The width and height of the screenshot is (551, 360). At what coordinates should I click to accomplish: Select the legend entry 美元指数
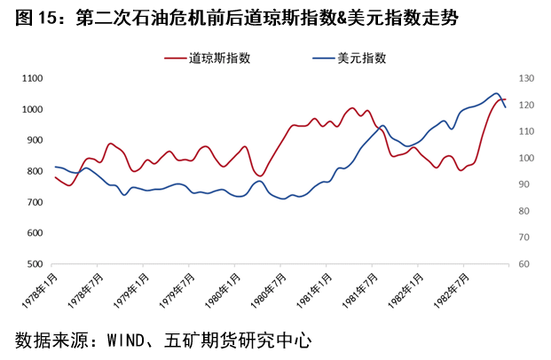(x=362, y=58)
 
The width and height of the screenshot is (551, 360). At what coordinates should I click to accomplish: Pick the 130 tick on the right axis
(x=527, y=79)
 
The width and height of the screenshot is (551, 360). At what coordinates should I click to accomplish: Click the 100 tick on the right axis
(x=527, y=159)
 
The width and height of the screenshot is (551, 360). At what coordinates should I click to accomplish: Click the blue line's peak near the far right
(x=496, y=93)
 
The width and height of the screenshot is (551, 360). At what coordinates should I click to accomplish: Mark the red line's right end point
(x=506, y=100)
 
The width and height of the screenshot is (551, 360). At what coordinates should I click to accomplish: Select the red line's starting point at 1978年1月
(x=55, y=177)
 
